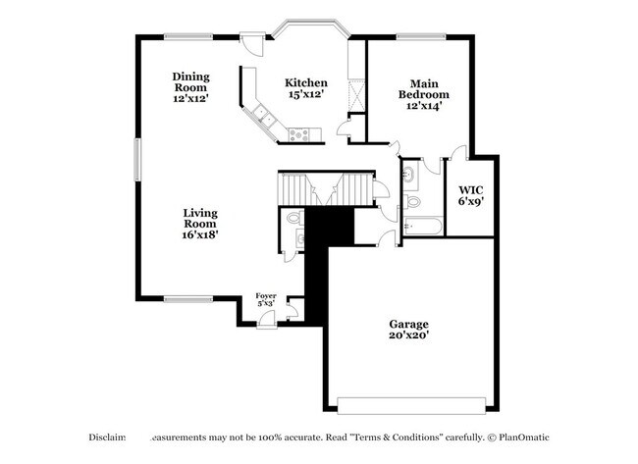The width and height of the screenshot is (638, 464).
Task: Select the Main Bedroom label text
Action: pyautogui.click(x=423, y=89)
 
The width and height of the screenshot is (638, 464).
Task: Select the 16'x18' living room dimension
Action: pyautogui.click(x=199, y=234)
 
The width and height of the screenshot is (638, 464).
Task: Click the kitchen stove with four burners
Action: pyautogui.click(x=300, y=133)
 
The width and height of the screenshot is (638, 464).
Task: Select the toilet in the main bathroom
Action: pyautogui.click(x=411, y=202)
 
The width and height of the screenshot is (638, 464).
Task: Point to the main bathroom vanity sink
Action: pyautogui.click(x=408, y=176)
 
